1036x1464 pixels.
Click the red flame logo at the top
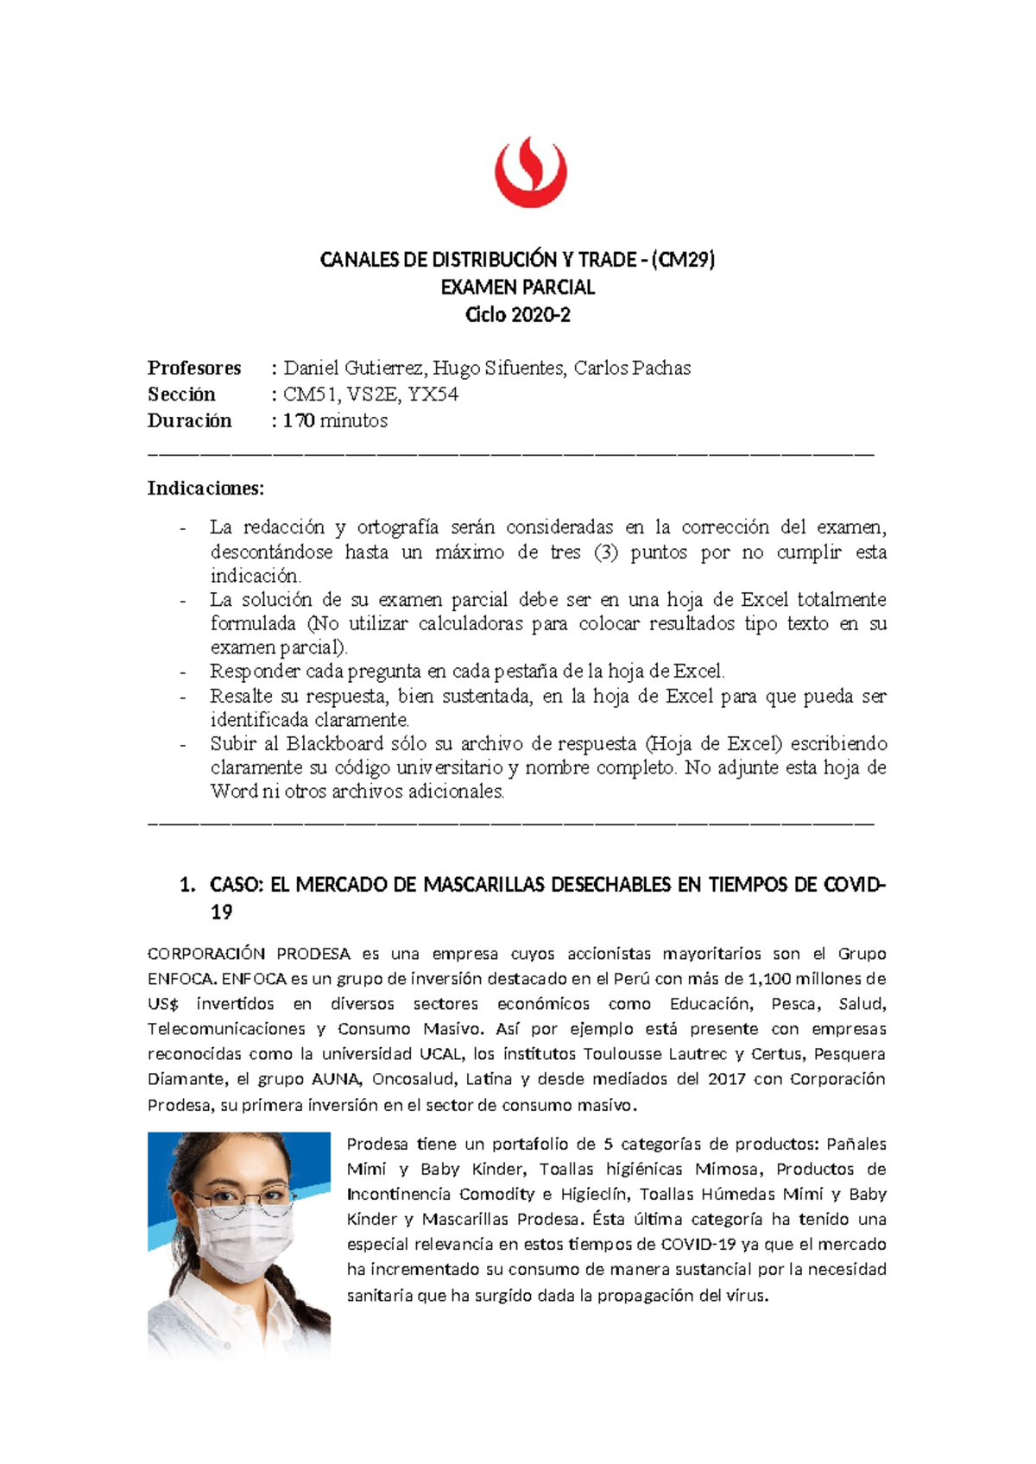(530, 170)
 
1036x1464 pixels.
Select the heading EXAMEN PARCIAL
(517, 287)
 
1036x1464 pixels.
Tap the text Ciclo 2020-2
(517, 314)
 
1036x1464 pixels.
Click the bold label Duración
(189, 420)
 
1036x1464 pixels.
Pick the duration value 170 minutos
(335, 420)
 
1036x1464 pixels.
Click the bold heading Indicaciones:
(205, 488)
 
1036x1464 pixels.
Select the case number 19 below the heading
(221, 912)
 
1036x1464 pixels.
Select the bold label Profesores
(194, 368)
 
